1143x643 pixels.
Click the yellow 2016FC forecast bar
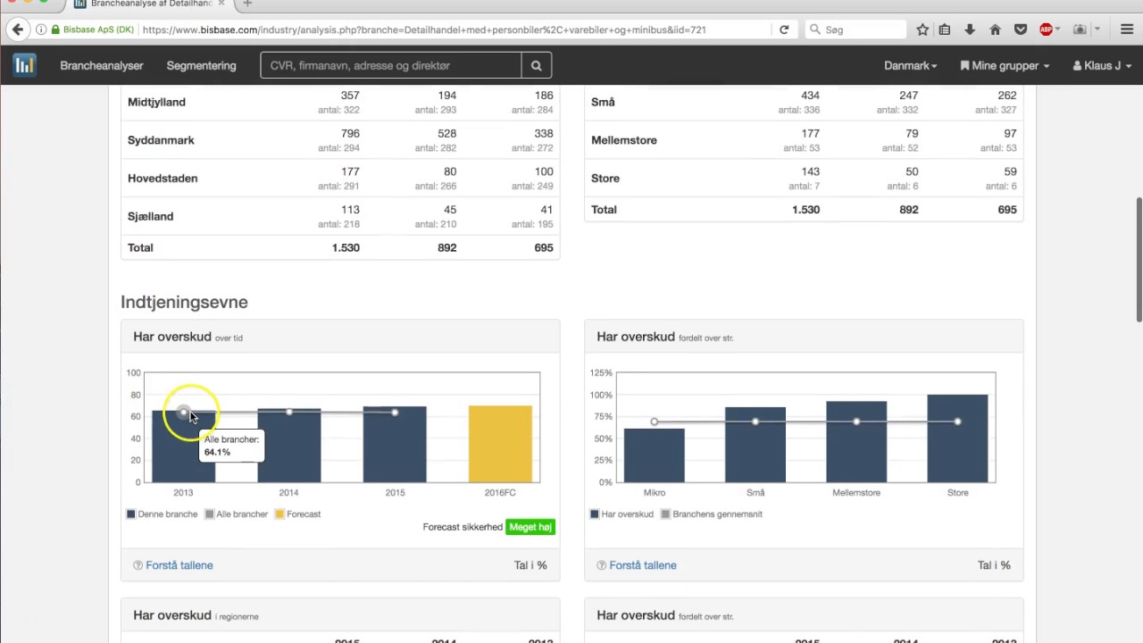pyautogui.click(x=500, y=444)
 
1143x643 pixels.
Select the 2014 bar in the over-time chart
pyautogui.click(x=288, y=446)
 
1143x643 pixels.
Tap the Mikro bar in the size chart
pyautogui.click(x=655, y=455)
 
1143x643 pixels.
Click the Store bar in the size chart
pyautogui.click(x=957, y=438)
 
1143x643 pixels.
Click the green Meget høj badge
pyautogui.click(x=530, y=527)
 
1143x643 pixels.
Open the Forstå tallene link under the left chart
pyautogui.click(x=179, y=565)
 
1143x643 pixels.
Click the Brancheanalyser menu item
pyautogui.click(x=102, y=65)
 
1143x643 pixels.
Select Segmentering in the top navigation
pyautogui.click(x=201, y=65)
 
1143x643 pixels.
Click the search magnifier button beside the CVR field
pyautogui.click(x=536, y=65)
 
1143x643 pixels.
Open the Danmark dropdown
pyautogui.click(x=910, y=65)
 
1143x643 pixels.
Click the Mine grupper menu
pyautogui.click(x=1005, y=65)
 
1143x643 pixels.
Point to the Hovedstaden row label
pyautogui.click(x=163, y=178)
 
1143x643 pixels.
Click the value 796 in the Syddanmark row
pyautogui.click(x=349, y=134)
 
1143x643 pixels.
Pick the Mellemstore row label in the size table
pyautogui.click(x=623, y=140)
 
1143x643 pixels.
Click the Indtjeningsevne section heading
pyautogui.click(x=184, y=302)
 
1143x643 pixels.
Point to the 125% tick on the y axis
pyautogui.click(x=600, y=372)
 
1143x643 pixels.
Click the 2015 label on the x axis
pyautogui.click(x=395, y=493)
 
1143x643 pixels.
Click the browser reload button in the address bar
pyautogui.click(x=784, y=29)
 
